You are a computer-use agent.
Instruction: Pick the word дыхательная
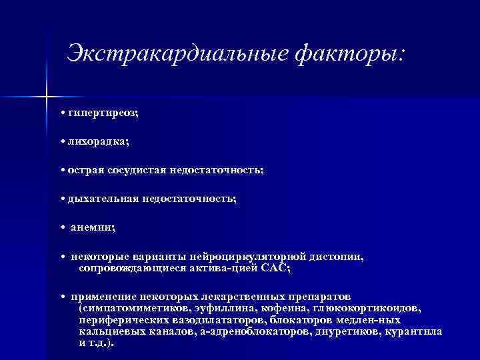click(103, 199)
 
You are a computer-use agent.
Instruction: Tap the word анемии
click(93, 227)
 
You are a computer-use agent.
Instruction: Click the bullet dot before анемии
click(61, 228)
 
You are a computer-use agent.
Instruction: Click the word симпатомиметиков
click(134, 309)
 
